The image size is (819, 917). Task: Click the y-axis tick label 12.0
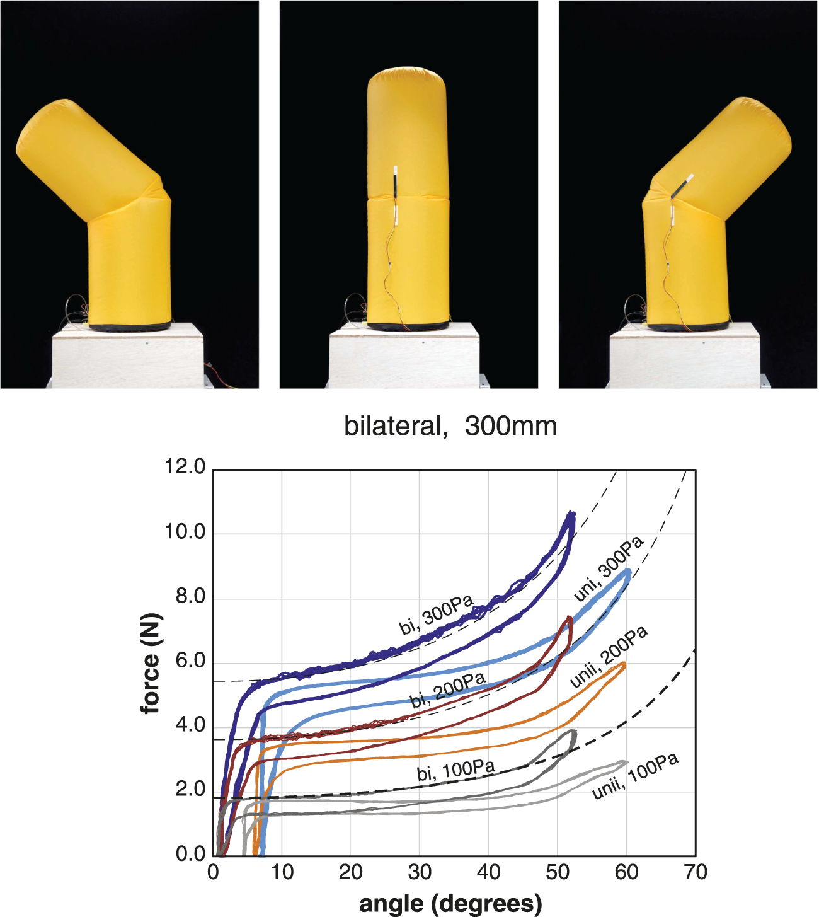185,467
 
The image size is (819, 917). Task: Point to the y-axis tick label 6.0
190,661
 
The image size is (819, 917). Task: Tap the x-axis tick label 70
695,873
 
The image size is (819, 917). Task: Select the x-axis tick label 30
420,873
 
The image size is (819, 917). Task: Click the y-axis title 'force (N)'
151,664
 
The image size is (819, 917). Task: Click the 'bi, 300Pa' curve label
436,615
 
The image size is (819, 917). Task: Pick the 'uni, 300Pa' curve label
609,568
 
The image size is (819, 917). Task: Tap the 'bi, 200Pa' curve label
448,690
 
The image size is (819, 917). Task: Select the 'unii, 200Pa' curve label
609,657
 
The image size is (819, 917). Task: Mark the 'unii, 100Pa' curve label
635,776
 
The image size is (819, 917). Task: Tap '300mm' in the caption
511,427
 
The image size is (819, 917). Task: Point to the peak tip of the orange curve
624,664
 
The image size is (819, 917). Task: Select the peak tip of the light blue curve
628,572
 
